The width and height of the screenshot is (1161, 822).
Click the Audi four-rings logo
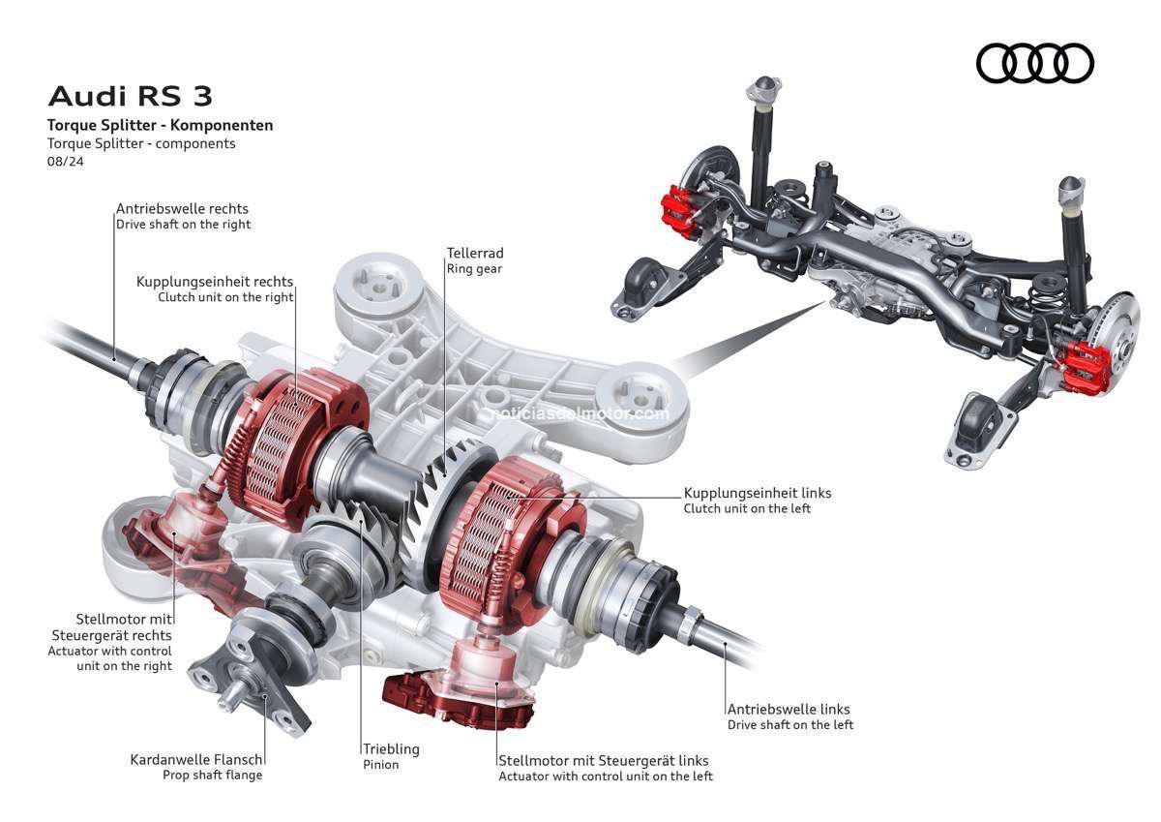(1034, 64)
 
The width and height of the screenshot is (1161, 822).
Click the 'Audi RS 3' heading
(130, 97)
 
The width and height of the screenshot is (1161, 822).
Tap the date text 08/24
(65, 161)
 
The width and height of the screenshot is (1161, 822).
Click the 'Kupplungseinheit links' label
(757, 493)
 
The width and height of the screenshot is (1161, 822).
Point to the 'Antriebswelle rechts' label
(182, 208)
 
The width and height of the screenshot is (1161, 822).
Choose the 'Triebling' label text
(391, 748)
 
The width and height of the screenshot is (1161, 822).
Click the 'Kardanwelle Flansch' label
(196, 759)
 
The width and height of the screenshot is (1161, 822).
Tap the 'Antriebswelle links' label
(789, 709)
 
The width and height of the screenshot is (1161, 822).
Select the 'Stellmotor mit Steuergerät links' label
(603, 760)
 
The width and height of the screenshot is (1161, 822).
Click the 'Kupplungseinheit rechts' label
(215, 282)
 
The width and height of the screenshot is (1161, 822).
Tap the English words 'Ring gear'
(474, 269)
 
